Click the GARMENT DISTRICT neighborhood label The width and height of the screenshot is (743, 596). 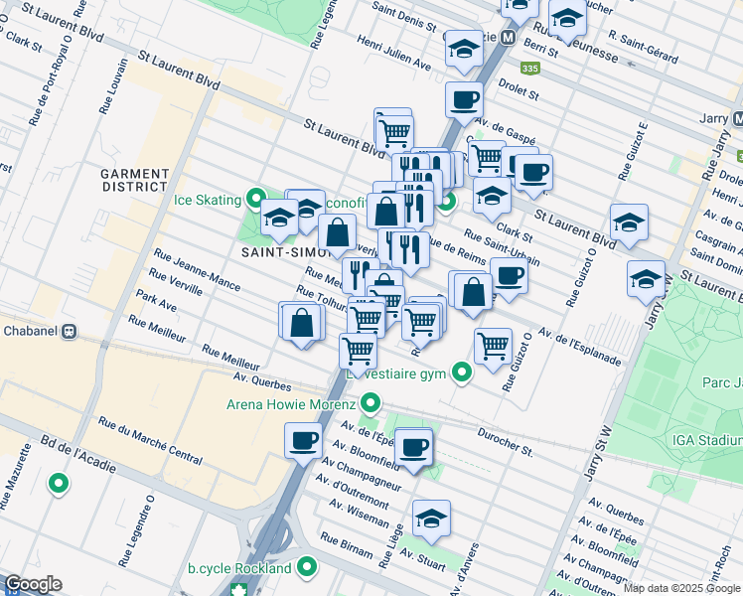[134, 180]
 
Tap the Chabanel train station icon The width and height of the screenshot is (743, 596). [70, 332]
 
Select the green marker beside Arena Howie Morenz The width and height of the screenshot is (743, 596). [371, 404]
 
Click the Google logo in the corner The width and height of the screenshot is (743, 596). [33, 585]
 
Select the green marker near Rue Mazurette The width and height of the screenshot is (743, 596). [59, 484]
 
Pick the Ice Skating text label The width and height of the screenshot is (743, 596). [208, 199]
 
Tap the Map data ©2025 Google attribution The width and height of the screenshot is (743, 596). [681, 588]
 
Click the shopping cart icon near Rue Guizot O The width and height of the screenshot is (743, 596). [494, 346]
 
